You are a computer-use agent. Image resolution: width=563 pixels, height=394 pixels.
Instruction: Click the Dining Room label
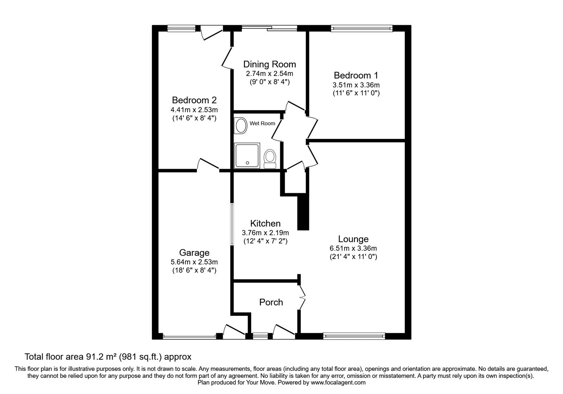270,64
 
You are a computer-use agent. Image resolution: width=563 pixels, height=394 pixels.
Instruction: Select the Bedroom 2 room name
194,100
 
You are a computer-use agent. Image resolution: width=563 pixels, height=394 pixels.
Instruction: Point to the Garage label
194,253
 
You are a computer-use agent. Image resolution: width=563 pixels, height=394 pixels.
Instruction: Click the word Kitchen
265,223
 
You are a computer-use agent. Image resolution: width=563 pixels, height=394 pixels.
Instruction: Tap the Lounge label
353,239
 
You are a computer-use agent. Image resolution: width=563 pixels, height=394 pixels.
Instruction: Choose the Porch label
271,302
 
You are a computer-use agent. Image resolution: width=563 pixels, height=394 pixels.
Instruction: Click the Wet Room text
262,123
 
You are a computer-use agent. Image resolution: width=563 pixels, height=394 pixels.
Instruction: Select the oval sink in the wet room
241,125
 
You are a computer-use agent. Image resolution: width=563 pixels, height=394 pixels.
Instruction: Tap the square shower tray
247,155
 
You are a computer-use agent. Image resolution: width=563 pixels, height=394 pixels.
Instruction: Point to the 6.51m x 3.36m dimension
353,248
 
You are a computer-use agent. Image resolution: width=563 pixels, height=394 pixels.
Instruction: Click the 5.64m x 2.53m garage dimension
194,262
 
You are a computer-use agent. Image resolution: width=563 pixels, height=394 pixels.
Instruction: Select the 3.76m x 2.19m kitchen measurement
265,233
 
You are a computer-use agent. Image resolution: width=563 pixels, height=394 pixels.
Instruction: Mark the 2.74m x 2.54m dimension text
270,74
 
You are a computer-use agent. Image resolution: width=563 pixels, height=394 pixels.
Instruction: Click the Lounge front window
354,336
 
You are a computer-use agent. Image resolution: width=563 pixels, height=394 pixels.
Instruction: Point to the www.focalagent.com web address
338,382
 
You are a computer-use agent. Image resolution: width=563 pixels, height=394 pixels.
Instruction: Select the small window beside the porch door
260,336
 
